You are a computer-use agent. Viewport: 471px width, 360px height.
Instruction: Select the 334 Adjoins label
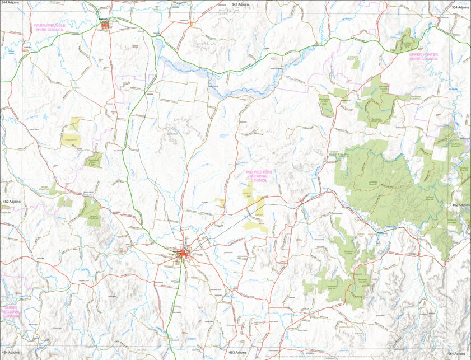tap(460, 7)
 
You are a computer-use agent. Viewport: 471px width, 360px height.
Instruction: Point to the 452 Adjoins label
tap(12, 201)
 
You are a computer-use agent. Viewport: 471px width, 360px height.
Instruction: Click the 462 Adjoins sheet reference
tap(460, 205)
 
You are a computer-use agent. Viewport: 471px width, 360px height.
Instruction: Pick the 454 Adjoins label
tap(11, 352)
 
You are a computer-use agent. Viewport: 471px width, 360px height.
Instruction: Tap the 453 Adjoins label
tap(237, 353)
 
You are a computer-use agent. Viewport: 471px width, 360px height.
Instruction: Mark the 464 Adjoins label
tap(457, 354)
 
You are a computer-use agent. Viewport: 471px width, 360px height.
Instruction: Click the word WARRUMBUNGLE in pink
tap(49, 25)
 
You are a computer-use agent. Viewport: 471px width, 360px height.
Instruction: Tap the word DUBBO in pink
tap(11, 307)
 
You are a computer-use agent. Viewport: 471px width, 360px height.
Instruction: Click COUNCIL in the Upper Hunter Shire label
tap(428, 59)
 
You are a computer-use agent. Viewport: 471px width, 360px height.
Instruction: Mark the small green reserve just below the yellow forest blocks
tap(93, 161)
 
